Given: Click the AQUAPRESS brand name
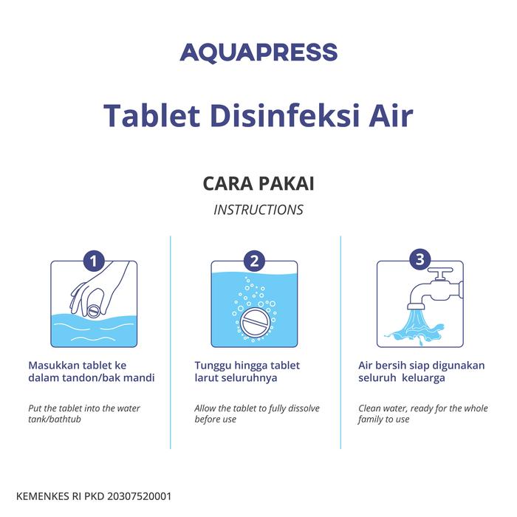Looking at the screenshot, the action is (258, 52).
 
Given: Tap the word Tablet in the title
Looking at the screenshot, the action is (151, 115).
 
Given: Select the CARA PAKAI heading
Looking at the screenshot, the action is (258, 183).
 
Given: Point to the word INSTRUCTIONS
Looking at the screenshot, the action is (258, 210).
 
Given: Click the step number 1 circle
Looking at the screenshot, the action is (94, 261).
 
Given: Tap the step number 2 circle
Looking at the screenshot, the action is (254, 261).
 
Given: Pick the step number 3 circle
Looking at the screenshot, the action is (420, 259).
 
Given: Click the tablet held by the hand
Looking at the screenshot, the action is (93, 311).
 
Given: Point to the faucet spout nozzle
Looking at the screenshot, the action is (416, 306).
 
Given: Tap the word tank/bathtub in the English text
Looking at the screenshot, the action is (55, 420).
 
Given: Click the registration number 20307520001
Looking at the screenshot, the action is (139, 496).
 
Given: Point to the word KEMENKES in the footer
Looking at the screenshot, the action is (41, 496).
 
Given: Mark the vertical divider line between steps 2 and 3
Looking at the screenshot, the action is (340, 342).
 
